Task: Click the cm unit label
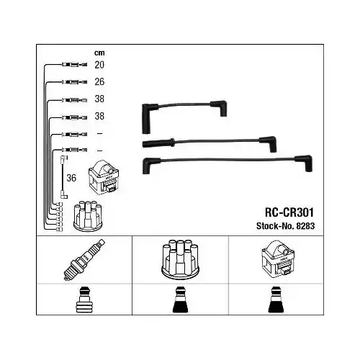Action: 99,53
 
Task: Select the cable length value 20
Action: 99,65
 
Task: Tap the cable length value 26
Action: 99,82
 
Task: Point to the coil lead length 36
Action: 71,178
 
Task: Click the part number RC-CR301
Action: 289,212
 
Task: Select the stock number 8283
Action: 305,226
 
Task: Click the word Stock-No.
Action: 275,226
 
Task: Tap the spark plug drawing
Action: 84,259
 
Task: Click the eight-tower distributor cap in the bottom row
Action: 180,259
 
